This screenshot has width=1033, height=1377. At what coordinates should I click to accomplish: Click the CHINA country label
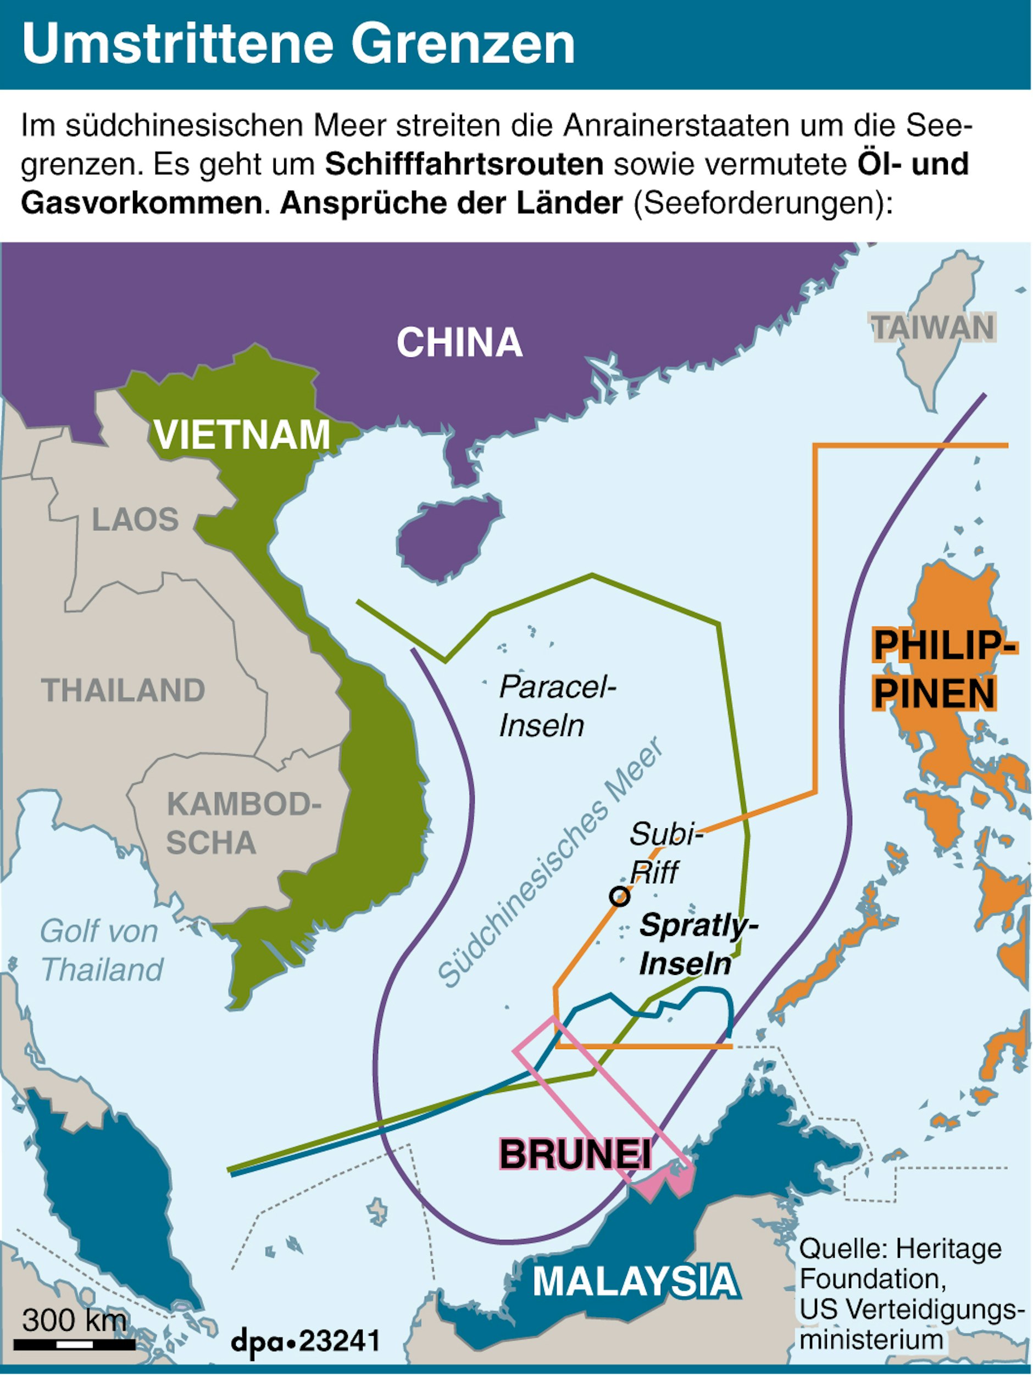tap(459, 342)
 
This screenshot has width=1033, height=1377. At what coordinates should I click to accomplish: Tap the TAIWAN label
tap(932, 327)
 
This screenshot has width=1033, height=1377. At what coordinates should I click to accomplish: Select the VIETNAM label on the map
tap(242, 434)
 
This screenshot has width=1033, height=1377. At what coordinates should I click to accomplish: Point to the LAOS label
tap(135, 519)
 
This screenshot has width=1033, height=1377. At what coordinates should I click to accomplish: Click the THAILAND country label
tap(123, 690)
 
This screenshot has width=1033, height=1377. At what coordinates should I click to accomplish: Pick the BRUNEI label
tap(575, 1153)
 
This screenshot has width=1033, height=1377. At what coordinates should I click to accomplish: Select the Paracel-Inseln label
tap(556, 706)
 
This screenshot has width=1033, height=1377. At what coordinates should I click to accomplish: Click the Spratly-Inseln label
tap(698, 944)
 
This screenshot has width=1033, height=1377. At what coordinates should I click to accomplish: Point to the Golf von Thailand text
tap(102, 951)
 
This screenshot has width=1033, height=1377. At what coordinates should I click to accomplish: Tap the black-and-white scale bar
tap(75, 1345)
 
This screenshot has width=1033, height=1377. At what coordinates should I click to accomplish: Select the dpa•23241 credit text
tap(305, 1340)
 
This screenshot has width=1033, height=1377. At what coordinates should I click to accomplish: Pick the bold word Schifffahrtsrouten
tap(464, 164)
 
